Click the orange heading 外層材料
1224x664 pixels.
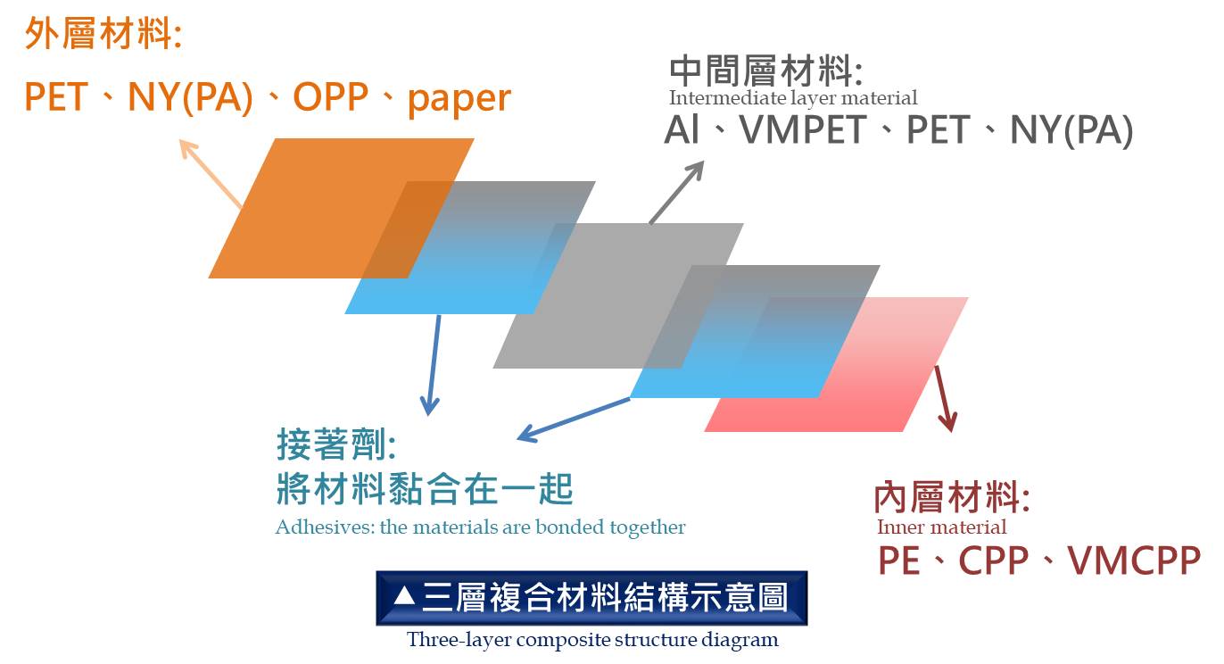103,34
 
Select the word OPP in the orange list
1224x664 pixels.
331,98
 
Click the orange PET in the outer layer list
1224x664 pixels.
55,98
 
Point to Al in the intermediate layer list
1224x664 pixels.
682,130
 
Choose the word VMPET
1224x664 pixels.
803,130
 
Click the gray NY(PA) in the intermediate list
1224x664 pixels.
1071,131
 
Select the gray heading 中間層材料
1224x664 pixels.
765,71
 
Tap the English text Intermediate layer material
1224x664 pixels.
793,98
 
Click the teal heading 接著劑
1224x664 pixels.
336,444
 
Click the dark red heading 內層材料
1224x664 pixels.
951,497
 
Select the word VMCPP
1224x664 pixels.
1134,560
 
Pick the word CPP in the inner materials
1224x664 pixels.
994,560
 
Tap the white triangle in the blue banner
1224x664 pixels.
404,595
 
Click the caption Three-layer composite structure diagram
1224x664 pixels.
592,640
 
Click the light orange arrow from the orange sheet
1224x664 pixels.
211,173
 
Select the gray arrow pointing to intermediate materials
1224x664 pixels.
676,192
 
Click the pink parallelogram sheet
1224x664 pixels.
836,364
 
